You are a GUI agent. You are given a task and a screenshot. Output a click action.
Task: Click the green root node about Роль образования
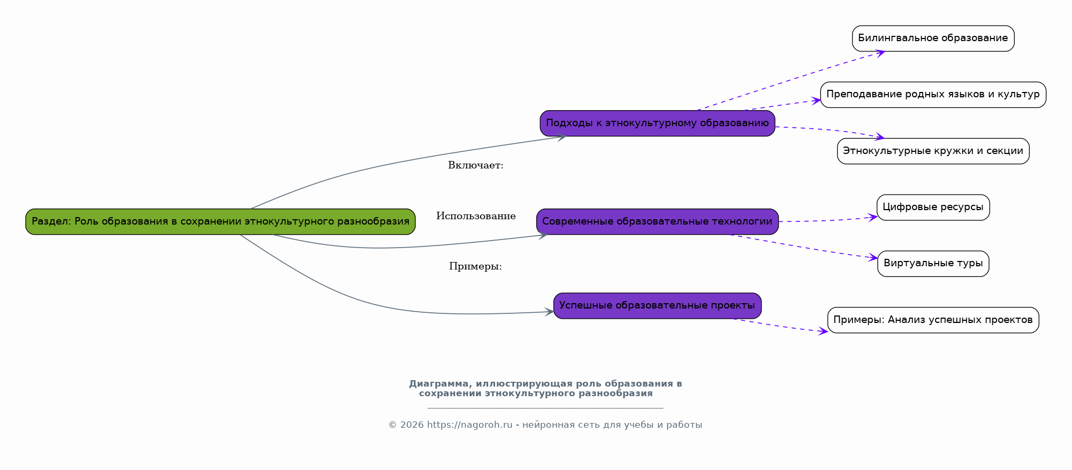click(x=221, y=221)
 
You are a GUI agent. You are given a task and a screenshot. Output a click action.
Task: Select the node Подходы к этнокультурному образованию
click(x=657, y=124)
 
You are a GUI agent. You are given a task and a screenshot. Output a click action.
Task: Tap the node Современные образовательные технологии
click(x=657, y=221)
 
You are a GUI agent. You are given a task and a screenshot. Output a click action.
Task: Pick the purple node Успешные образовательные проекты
click(x=657, y=306)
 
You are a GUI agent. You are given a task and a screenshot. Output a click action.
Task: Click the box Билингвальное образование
click(x=933, y=38)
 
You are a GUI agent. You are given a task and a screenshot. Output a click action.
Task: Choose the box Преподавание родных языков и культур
click(x=933, y=95)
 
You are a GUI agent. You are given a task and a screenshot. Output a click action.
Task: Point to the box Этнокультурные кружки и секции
click(x=933, y=151)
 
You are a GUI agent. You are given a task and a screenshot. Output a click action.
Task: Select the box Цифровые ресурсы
click(x=933, y=207)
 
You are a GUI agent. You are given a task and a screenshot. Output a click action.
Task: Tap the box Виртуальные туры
click(x=933, y=264)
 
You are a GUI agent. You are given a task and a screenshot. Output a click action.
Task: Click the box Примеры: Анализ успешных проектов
click(x=933, y=320)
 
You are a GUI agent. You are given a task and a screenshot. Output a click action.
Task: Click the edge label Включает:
click(x=475, y=166)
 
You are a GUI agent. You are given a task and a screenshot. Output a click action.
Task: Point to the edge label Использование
click(x=476, y=217)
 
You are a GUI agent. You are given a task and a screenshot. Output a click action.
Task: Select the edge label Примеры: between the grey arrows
click(x=475, y=267)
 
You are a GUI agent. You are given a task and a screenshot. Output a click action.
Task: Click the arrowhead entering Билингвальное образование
click(x=879, y=52)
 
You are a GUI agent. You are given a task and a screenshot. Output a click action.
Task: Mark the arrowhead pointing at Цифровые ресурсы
click(x=872, y=217)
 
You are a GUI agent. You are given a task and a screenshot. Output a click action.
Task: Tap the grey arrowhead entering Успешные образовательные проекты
click(x=549, y=312)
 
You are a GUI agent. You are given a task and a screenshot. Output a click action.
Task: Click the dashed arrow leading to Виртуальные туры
click(x=803, y=247)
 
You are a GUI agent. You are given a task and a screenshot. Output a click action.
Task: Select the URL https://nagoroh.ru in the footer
click(x=469, y=425)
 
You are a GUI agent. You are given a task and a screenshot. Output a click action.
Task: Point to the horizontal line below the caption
click(x=545, y=409)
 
